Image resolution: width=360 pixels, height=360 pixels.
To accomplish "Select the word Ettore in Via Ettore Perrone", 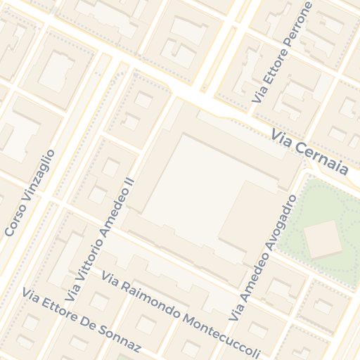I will [275, 71].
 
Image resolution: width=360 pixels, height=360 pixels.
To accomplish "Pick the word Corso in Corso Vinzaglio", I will [13, 221].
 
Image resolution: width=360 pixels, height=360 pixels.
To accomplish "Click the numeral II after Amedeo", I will [128, 181].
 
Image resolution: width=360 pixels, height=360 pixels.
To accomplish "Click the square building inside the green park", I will [323, 239].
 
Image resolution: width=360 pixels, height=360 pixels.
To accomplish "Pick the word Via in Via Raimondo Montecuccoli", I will [110, 278].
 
